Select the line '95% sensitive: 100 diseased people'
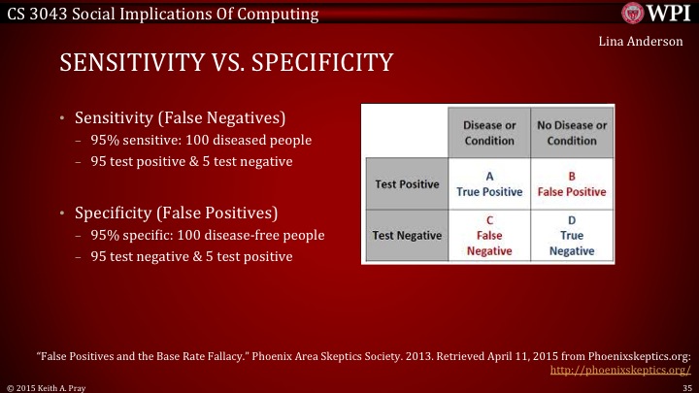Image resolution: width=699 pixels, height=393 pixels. point(201,141)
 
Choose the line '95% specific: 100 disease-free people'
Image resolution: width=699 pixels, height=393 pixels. point(207,235)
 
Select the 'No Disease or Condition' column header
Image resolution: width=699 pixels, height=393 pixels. point(572,133)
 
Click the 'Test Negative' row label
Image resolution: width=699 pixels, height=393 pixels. point(407,235)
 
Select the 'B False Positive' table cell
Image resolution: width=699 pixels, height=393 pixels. point(572,183)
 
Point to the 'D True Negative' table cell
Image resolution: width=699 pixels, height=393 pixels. point(572,235)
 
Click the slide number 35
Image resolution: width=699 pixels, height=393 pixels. point(686,386)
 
